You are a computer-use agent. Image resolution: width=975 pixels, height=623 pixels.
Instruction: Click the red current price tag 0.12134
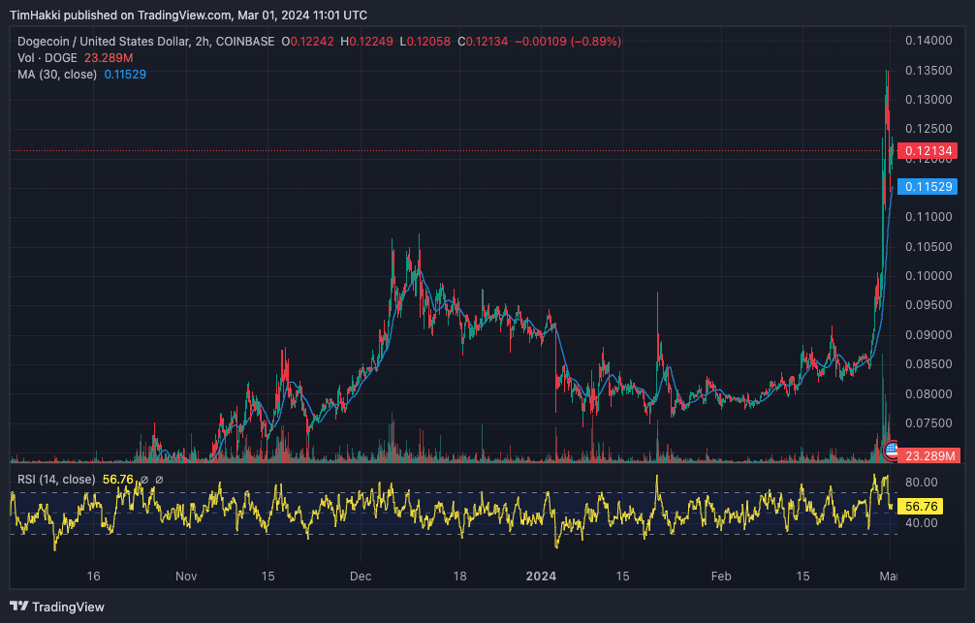(x=928, y=151)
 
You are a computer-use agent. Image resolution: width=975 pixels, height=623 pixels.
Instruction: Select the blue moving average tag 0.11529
(x=928, y=186)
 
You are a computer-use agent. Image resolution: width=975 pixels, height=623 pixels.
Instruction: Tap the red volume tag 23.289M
(x=928, y=455)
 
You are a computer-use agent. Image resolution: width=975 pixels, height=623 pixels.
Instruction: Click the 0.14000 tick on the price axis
(x=928, y=41)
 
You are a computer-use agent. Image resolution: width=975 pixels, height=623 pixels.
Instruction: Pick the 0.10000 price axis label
(x=928, y=276)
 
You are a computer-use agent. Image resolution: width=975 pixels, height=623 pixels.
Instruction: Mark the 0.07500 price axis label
(x=928, y=423)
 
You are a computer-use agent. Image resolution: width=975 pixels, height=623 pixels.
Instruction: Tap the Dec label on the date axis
(x=361, y=576)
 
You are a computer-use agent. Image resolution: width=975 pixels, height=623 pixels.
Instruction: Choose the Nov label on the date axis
(x=186, y=576)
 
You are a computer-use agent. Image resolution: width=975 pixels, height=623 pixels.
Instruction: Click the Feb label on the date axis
(x=720, y=576)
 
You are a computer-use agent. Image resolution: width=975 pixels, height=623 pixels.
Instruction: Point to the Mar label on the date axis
(x=886, y=576)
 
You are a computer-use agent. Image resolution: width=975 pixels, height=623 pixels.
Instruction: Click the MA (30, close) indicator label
(x=57, y=75)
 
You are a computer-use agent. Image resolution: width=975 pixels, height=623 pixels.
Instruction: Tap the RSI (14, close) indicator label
(x=56, y=480)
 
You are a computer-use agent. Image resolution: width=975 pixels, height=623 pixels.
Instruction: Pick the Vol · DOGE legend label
(x=47, y=58)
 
